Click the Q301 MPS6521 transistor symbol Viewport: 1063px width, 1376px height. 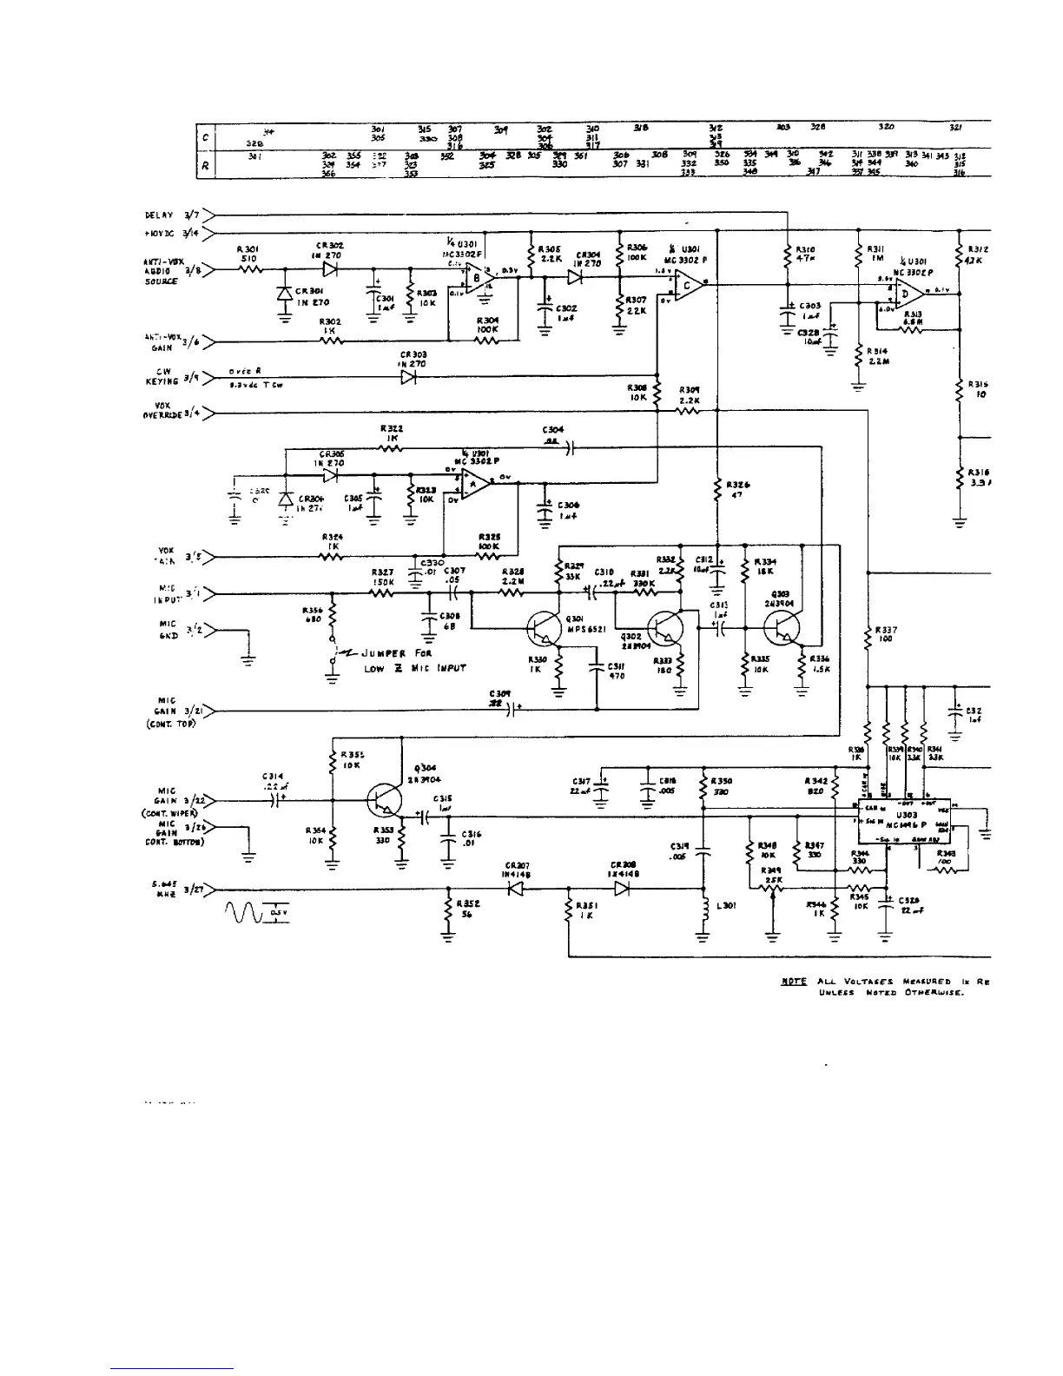pyautogui.click(x=545, y=628)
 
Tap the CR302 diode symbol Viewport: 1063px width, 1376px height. pyautogui.click(x=329, y=269)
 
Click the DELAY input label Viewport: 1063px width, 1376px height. pyautogui.click(x=160, y=215)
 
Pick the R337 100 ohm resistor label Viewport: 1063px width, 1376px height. pyautogui.click(x=886, y=634)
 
